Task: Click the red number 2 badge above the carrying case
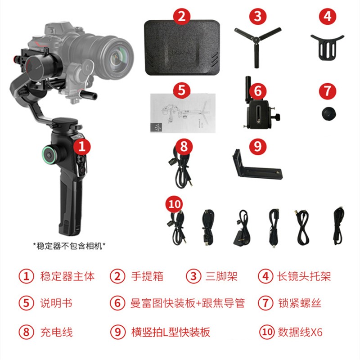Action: (182, 16)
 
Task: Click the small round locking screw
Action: (328, 114)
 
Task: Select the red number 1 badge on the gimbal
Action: (82, 146)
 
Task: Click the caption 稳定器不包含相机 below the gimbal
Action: (69, 246)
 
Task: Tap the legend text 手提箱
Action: (147, 276)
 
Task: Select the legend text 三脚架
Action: (221, 276)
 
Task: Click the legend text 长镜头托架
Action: (304, 276)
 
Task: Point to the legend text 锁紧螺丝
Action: (299, 303)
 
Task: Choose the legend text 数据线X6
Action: (300, 332)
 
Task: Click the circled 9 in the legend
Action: (117, 332)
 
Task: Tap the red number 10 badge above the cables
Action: (174, 204)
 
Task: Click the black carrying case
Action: (182, 48)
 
